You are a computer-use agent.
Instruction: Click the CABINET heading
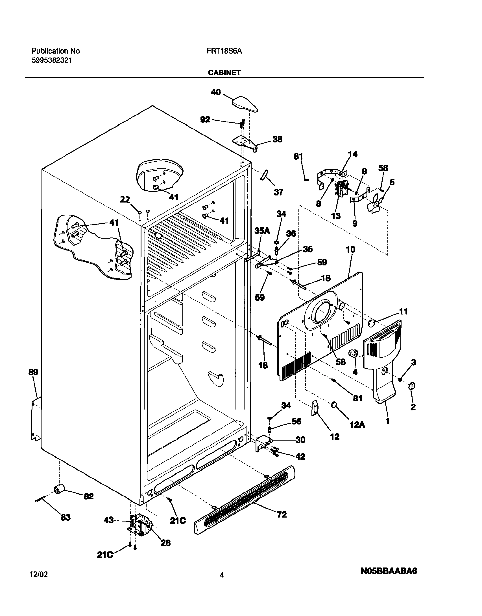[x=224, y=72]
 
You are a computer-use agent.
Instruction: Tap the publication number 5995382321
[x=51, y=60]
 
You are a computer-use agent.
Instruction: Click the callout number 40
[x=216, y=92]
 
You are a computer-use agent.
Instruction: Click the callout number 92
[x=205, y=120]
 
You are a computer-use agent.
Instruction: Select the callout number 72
[x=281, y=514]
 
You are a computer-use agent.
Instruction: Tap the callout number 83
[x=66, y=517]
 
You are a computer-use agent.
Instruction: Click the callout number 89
[x=33, y=372]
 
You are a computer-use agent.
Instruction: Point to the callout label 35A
[x=262, y=231]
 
